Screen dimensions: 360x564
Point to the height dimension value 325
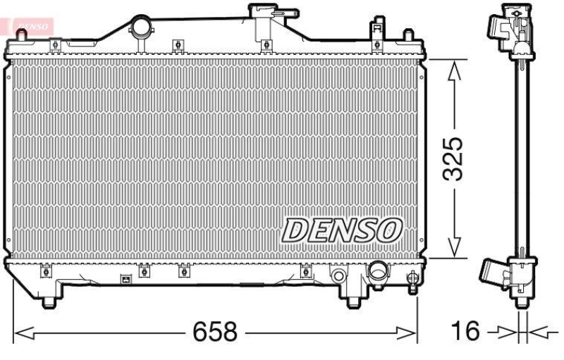(x=455, y=159)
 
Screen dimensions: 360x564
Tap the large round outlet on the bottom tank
(x=379, y=271)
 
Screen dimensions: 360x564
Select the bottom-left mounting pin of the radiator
(x=49, y=302)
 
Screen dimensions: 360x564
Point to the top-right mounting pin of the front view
(x=407, y=35)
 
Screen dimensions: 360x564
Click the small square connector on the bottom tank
(x=125, y=279)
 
